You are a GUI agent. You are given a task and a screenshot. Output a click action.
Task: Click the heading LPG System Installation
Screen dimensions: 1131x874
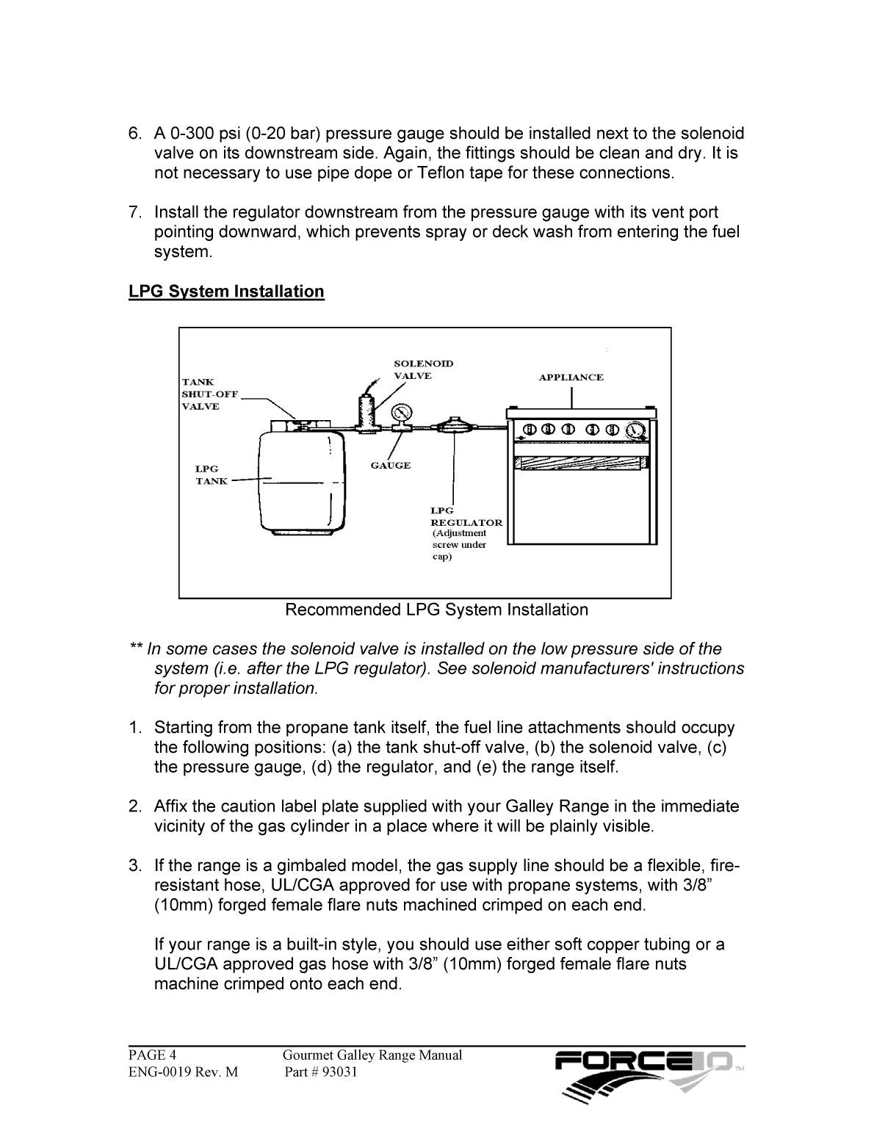click(226, 292)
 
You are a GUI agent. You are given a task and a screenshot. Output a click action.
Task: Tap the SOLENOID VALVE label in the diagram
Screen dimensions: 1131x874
click(423, 369)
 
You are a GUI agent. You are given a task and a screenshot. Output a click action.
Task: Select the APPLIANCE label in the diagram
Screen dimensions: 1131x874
click(571, 377)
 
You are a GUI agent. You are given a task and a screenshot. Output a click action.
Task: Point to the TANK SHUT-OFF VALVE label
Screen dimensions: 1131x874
click(209, 394)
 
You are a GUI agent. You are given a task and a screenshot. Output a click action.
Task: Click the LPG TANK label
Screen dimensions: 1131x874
click(211, 474)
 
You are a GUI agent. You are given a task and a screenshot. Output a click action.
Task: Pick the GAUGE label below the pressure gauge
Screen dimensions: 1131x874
click(390, 466)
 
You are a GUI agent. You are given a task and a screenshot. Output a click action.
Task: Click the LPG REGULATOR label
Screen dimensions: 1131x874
click(466, 517)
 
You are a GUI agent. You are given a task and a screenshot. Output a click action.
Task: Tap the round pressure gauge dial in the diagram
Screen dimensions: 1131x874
click(402, 411)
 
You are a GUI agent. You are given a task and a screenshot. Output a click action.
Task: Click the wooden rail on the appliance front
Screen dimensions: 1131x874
click(582, 463)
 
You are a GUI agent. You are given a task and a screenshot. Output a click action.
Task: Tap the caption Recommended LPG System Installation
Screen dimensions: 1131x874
click(436, 610)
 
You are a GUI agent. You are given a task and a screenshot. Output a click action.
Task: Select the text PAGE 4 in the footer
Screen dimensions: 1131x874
click(153, 1055)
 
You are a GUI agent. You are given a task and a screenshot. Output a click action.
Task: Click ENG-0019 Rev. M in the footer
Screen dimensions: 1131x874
click(184, 1072)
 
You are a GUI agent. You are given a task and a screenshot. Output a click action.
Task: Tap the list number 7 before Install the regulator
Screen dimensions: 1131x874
click(135, 213)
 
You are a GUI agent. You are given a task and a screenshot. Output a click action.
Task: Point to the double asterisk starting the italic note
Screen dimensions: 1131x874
click(136, 648)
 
